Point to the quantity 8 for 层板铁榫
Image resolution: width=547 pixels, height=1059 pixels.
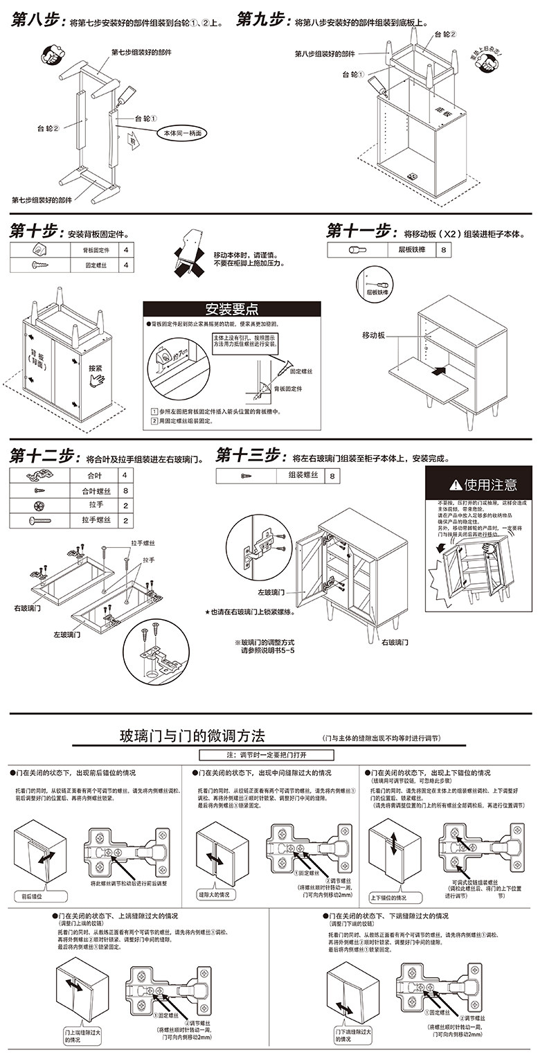[443, 249]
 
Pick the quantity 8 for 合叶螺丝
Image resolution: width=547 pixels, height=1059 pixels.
[125, 491]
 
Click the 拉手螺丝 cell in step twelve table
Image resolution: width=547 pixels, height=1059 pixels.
[96, 520]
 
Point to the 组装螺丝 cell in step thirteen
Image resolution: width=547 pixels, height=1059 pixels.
[303, 476]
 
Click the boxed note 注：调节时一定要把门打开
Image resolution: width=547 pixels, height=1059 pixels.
[267, 754]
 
